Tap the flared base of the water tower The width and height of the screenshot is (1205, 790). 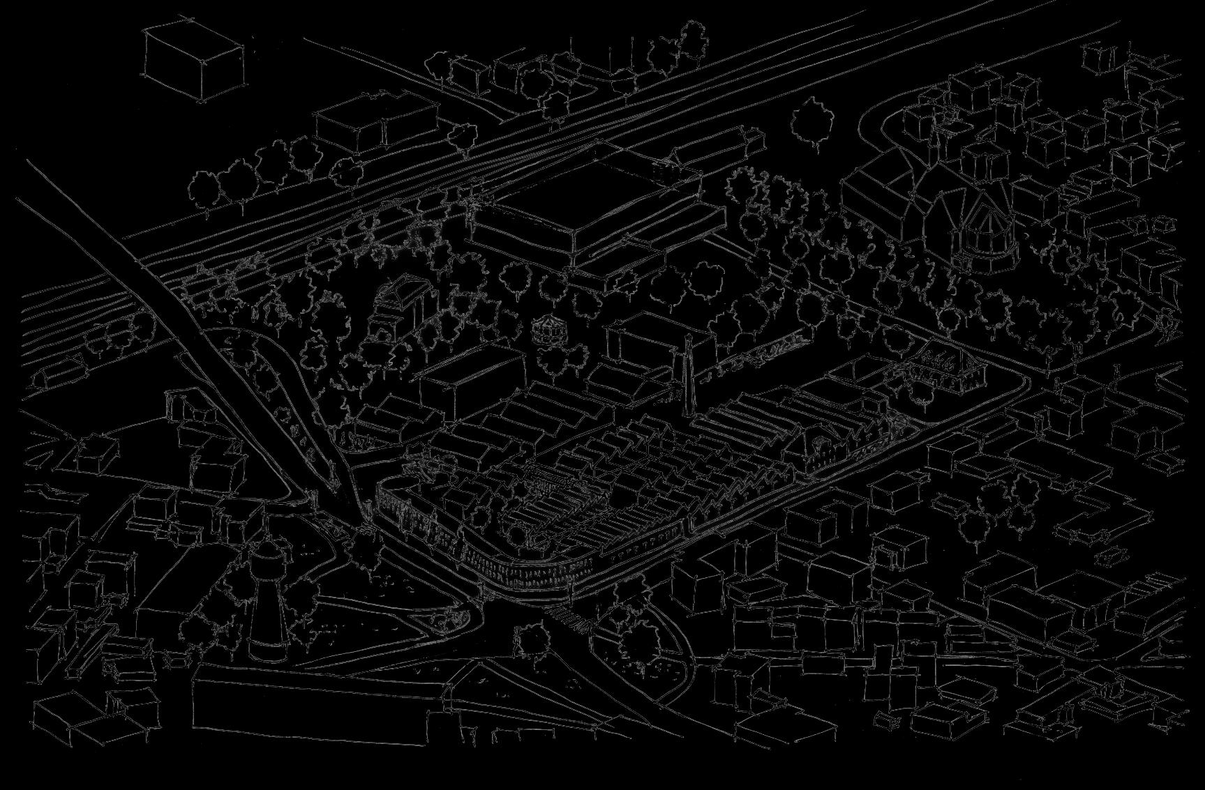(x=267, y=646)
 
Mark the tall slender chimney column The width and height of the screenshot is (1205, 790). (x=688, y=377)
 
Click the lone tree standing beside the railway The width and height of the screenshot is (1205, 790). (x=812, y=123)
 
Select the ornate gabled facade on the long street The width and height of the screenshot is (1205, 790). (x=816, y=446)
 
